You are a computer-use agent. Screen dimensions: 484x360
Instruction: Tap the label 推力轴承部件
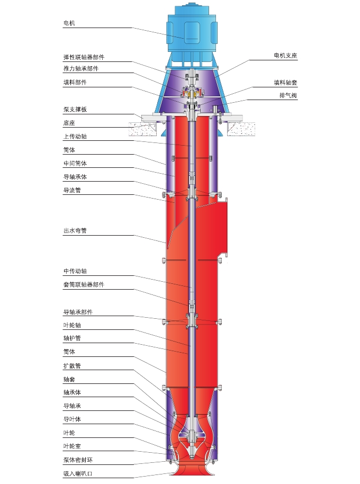click(81, 69)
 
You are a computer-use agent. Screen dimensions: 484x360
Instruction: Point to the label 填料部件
click(75, 83)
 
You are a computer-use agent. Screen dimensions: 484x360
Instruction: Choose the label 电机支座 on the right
click(285, 56)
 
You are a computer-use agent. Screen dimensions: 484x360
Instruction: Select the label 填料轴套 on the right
click(285, 83)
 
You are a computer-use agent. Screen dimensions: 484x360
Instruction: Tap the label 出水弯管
click(75, 231)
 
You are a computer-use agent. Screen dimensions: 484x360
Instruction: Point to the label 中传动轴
click(75, 271)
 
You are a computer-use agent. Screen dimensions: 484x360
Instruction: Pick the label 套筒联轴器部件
click(84, 285)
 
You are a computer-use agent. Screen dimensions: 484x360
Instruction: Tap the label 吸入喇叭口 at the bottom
click(78, 473)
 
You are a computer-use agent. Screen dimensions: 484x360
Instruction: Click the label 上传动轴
click(75, 136)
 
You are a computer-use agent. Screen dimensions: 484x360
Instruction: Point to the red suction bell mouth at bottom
click(191, 471)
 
